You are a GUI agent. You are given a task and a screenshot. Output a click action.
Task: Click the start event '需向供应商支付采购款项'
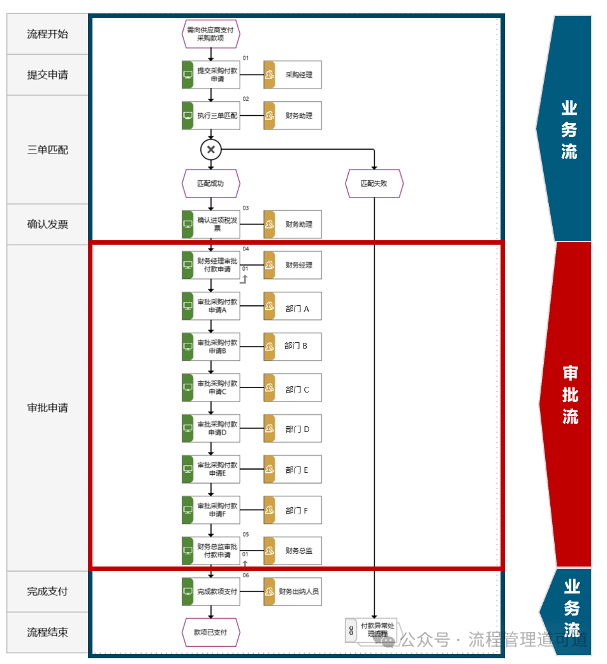[210, 34]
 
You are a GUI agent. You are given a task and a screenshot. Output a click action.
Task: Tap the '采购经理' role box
[293, 75]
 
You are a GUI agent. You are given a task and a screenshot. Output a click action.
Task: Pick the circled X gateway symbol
[210, 150]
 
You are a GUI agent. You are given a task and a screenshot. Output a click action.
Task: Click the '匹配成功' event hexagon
[210, 184]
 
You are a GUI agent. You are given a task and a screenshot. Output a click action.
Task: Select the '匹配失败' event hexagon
[374, 184]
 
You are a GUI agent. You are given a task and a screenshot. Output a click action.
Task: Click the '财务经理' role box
[293, 265]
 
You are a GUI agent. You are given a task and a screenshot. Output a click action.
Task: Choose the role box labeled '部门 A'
[293, 306]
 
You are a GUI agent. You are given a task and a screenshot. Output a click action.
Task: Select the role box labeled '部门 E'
[293, 469]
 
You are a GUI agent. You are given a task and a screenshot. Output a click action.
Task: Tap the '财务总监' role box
[293, 551]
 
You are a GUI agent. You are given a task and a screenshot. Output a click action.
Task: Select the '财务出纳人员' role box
[293, 591]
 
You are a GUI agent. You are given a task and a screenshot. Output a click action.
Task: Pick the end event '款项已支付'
[210, 632]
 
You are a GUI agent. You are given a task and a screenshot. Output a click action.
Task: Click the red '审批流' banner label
[570, 395]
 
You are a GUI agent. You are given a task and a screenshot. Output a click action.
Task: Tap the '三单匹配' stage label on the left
[47, 150]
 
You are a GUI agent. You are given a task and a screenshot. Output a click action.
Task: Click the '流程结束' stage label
[47, 632]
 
